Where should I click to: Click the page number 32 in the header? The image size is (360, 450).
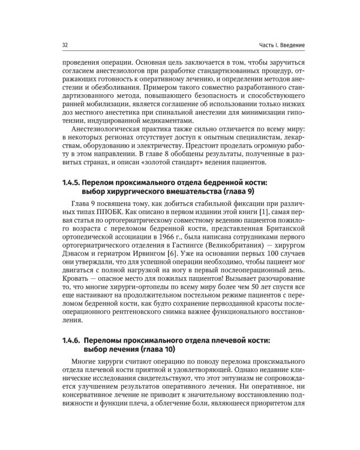click(65, 46)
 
